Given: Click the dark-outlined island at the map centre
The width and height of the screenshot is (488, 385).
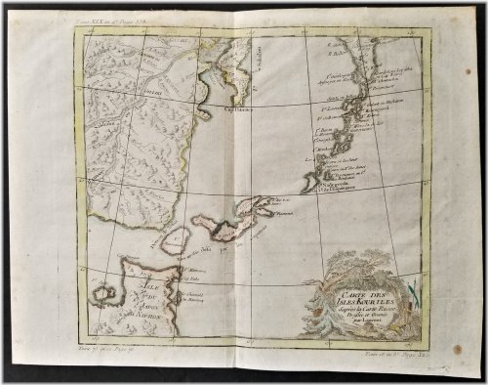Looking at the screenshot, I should [x=221, y=227].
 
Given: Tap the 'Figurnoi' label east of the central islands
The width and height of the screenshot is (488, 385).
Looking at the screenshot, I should [x=285, y=207].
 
